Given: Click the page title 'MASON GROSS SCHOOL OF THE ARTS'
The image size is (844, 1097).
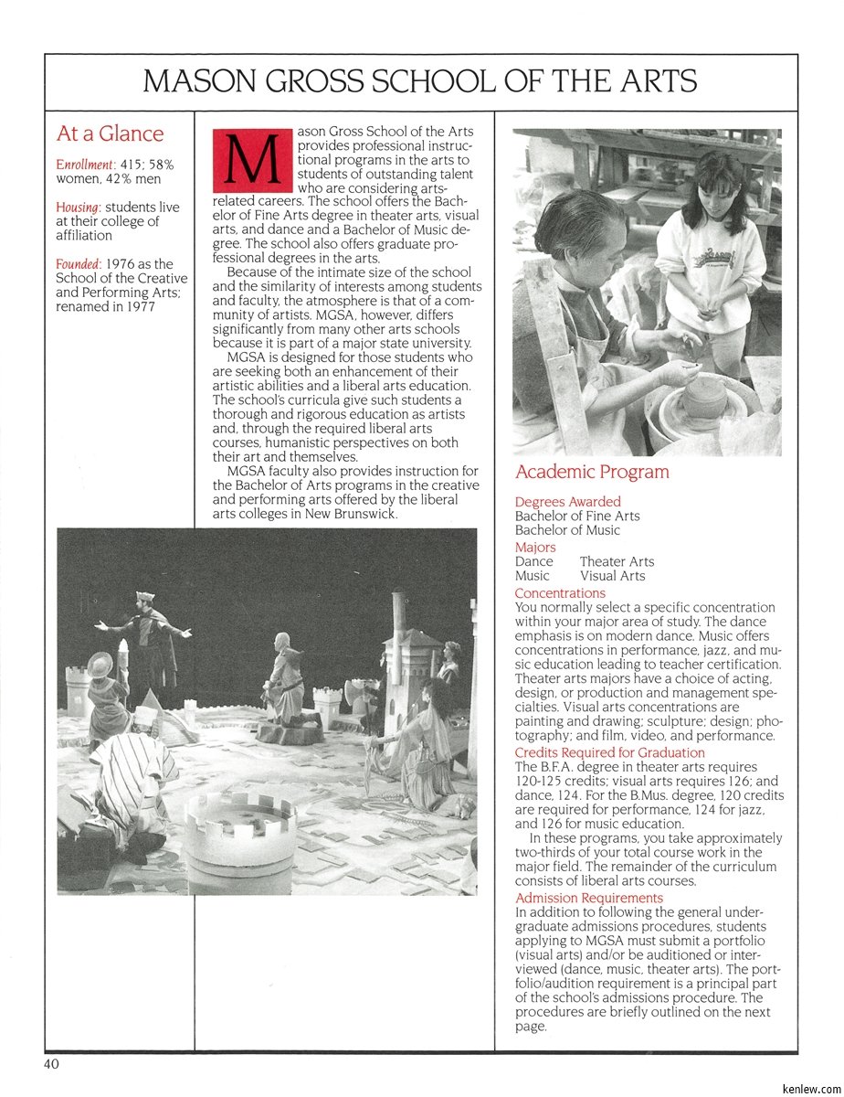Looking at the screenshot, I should point(421,82).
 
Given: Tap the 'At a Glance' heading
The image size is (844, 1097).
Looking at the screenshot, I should point(110,133).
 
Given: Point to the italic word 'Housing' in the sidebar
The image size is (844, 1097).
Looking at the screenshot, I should point(78,208).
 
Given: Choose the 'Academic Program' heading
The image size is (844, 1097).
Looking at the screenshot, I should point(592,473).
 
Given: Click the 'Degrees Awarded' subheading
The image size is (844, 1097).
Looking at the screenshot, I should point(567,502).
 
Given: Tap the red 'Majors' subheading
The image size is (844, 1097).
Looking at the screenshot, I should point(535,548).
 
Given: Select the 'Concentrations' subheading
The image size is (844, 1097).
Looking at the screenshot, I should point(560,593).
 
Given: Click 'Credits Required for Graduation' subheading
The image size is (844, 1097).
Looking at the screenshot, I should point(609,752).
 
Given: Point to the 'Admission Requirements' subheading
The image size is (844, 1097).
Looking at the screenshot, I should point(589,898).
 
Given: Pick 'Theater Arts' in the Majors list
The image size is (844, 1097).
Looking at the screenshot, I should point(617,561).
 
